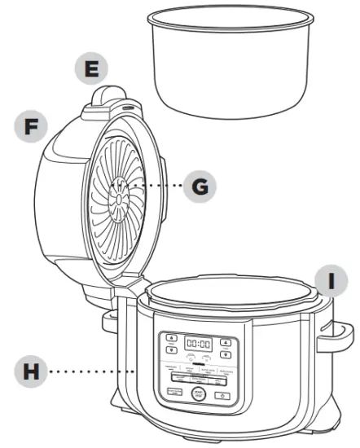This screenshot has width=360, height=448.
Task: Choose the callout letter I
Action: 330,281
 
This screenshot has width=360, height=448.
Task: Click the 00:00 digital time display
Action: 198,344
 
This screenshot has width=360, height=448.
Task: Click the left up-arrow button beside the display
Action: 170,337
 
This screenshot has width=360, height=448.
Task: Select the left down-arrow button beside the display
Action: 170,351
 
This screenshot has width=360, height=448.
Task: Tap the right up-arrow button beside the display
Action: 226,340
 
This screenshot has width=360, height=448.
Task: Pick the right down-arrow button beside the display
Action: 226,354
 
